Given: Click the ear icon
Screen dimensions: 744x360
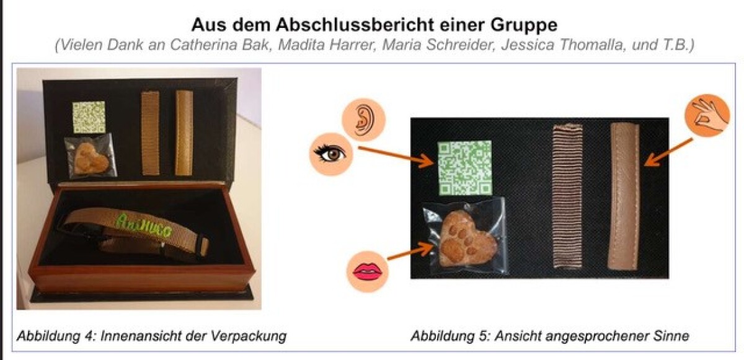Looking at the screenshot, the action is [x=364, y=120].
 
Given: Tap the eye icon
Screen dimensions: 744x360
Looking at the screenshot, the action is [x=331, y=154].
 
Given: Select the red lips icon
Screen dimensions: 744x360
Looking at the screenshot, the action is [x=367, y=271].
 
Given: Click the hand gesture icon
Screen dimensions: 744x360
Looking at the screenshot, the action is [x=707, y=115].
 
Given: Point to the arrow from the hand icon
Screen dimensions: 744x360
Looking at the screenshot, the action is [x=668, y=152].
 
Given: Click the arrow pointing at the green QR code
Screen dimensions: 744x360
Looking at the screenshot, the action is [x=396, y=157].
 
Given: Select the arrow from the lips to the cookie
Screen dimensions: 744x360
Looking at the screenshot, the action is [x=411, y=252].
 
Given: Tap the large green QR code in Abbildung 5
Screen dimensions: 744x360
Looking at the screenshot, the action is [x=464, y=167].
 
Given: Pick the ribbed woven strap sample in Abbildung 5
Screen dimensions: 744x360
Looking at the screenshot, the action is [x=567, y=195].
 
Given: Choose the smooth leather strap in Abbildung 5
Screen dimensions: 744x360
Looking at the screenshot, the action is [x=624, y=196].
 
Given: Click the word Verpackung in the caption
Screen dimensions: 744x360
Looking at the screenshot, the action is [x=248, y=336].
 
